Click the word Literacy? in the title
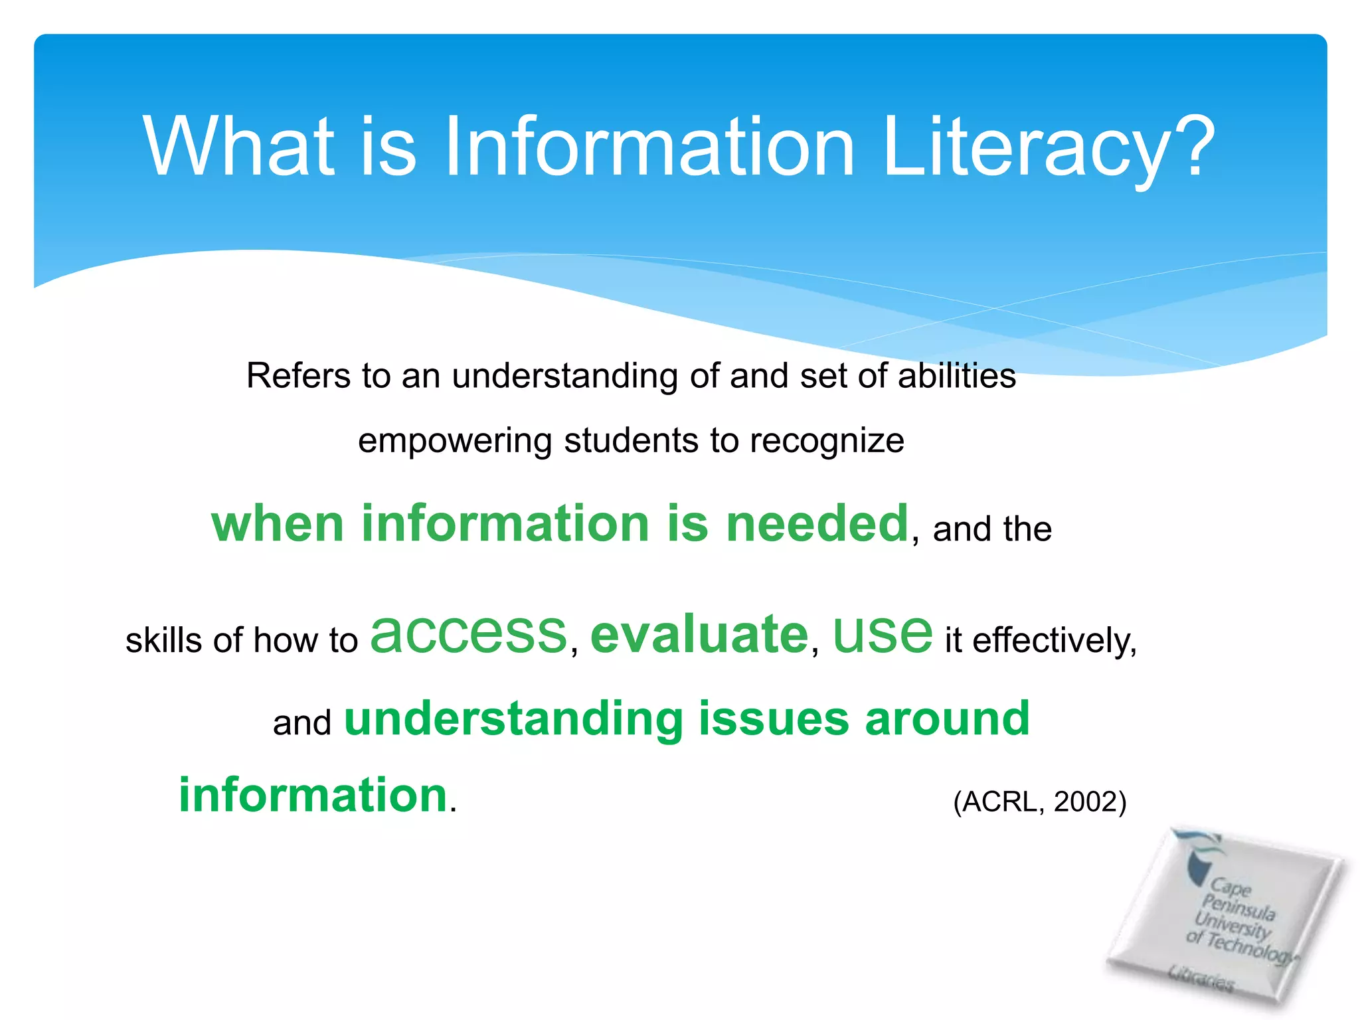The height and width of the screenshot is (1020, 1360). click(x=1049, y=147)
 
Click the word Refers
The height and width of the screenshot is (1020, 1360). click(x=299, y=376)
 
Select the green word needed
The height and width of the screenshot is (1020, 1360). click(x=817, y=523)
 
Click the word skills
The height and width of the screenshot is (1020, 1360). click(x=164, y=641)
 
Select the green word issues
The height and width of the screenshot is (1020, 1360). click(x=774, y=719)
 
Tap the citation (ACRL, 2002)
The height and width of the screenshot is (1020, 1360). click(x=1040, y=802)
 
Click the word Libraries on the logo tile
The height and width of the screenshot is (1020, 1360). click(x=1201, y=977)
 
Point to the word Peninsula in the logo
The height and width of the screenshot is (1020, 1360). click(x=1238, y=907)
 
